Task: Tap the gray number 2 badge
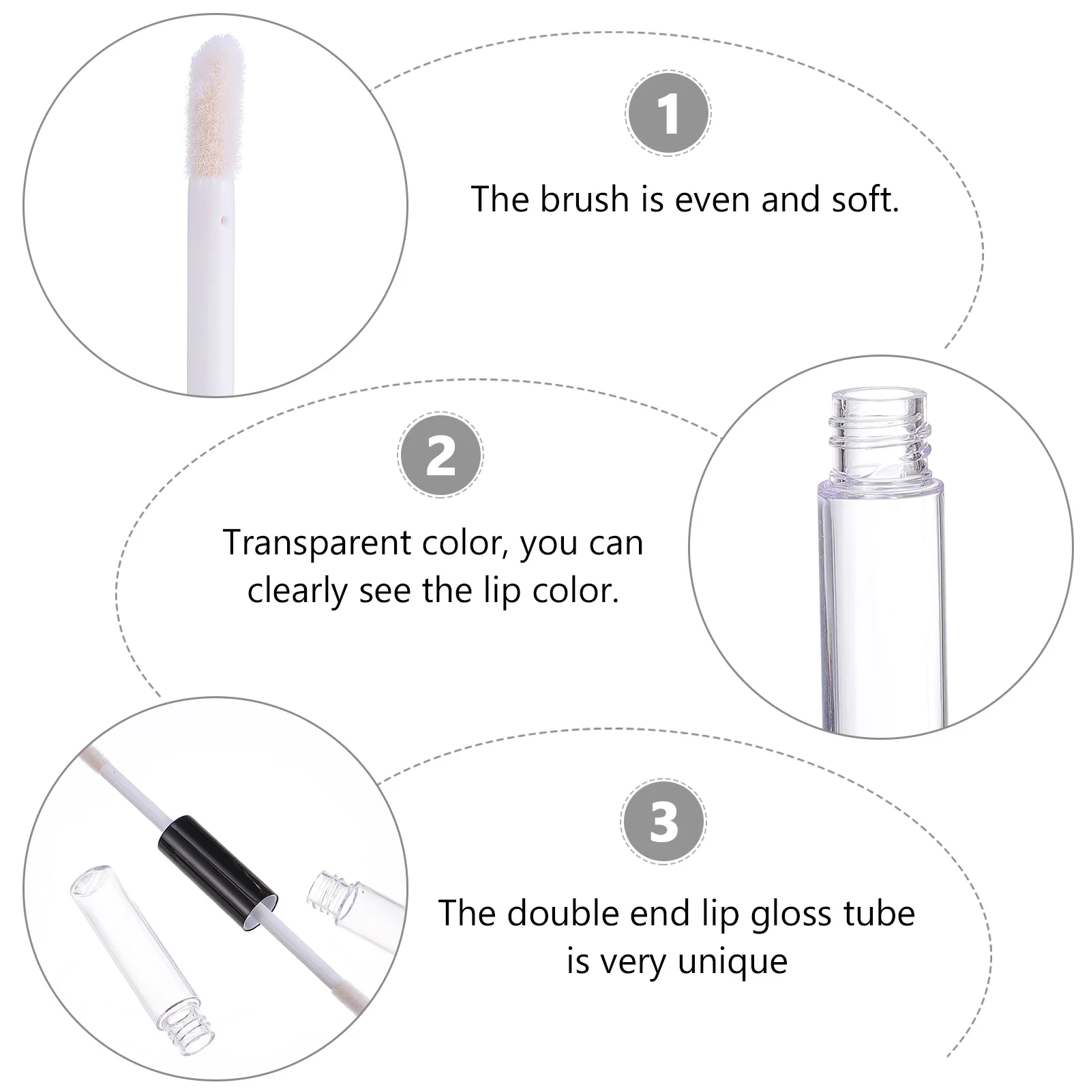coord(440,455)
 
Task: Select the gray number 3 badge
coord(663,822)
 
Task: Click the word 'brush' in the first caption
coord(584,200)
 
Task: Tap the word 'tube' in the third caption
coord(880,913)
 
